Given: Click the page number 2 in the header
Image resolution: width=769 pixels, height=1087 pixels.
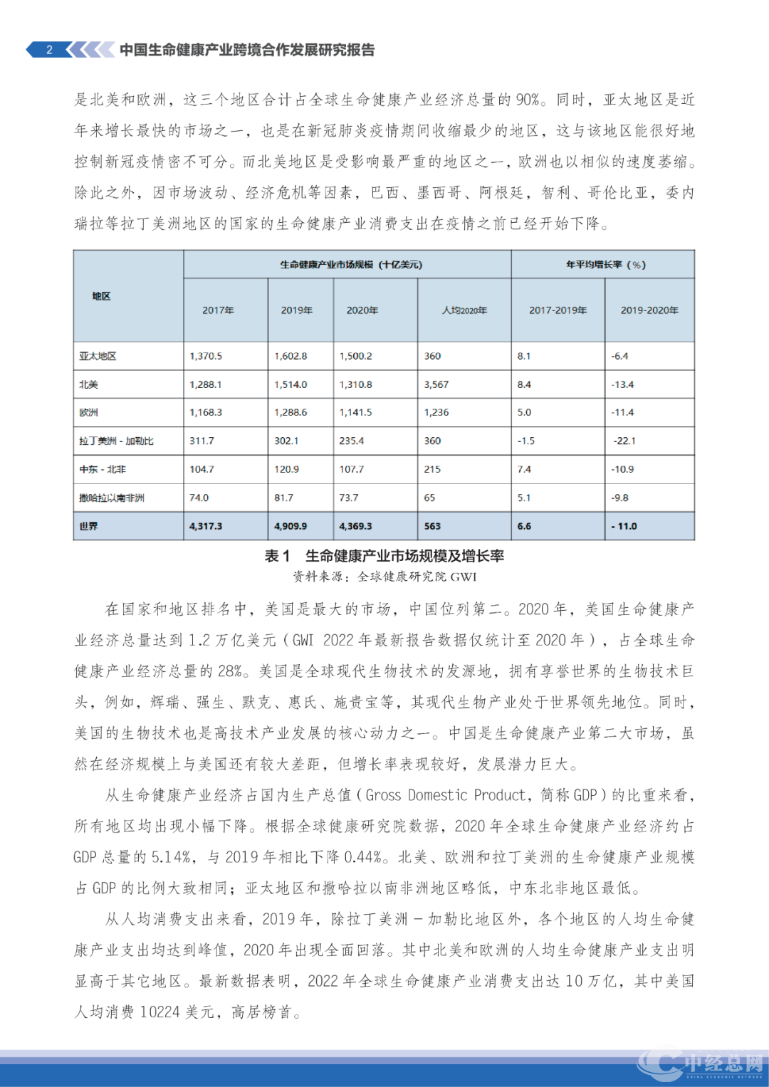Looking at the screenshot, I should pos(49,50).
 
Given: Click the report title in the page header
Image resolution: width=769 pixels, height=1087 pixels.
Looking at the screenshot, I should pos(246,50).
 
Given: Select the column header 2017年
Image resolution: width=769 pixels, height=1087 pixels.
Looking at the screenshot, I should pos(218,310).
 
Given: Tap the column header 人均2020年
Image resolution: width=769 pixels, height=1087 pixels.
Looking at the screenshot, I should pos(464,310).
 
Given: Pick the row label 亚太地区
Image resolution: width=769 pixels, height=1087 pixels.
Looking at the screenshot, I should pos(98,356).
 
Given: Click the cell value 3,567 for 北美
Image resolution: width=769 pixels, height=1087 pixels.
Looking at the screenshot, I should pos(436,384).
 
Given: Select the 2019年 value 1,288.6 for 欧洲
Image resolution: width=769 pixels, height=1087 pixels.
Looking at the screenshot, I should pos(291,412).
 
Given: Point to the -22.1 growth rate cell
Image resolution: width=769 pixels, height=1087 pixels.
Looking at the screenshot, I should pos(624,441).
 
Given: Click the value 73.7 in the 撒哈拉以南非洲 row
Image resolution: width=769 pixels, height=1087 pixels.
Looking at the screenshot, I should pos(349,498).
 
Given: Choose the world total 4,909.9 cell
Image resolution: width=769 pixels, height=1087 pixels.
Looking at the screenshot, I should pos(291,526).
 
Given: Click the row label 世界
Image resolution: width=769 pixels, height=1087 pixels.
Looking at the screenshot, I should pos(89,526).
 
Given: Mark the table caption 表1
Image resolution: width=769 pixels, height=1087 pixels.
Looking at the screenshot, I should pos(277,556).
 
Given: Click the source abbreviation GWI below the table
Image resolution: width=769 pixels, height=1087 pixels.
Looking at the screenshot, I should pos(464,577).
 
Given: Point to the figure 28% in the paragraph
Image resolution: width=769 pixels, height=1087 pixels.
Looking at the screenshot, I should pos(231,671).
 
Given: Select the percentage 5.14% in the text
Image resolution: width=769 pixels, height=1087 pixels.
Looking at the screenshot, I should pos(172,857).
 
